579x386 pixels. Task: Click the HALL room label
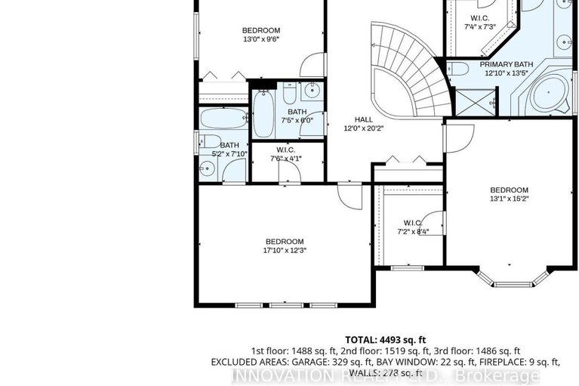coord(364,119)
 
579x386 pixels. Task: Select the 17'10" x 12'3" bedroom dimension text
coord(284,250)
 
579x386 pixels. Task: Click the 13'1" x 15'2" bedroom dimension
coord(509,200)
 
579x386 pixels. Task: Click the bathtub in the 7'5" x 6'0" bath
coord(263,114)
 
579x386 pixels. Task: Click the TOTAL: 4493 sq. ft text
coord(386,340)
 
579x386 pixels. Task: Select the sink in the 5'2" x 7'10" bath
coord(206,168)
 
